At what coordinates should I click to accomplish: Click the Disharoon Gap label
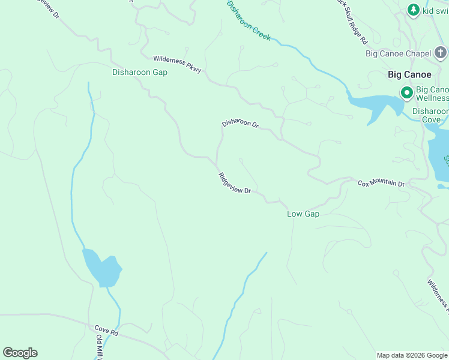pos(139,72)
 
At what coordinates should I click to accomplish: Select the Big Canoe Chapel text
pos(399,54)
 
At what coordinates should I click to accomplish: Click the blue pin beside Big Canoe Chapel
pos(441,54)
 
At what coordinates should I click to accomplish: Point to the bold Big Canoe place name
pos(409,75)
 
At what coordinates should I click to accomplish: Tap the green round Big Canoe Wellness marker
pos(406,93)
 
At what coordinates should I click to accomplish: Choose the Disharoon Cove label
pos(430,115)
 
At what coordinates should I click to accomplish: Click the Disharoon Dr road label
pos(240,124)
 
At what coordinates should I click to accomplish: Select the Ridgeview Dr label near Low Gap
pos(234,183)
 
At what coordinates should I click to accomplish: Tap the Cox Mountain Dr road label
pos(381,183)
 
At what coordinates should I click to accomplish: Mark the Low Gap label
pos(303,214)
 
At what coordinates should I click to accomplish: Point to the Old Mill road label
pos(100,347)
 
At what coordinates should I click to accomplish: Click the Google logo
pos(20,353)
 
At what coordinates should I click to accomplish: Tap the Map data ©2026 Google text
pos(412,355)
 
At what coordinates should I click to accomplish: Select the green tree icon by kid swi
pos(413,10)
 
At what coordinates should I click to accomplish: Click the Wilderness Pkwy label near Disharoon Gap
pos(177,64)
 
